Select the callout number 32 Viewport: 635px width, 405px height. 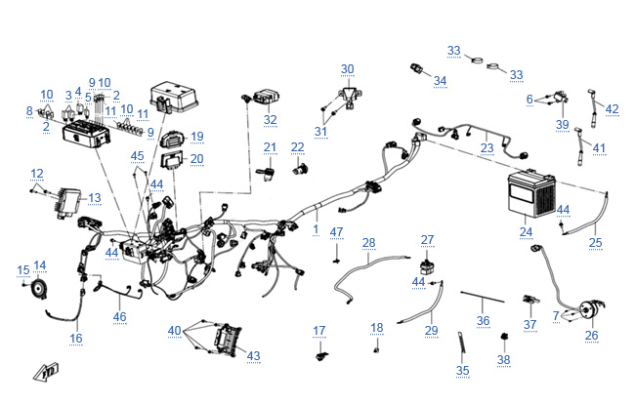[270, 120]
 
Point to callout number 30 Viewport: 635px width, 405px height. [348, 69]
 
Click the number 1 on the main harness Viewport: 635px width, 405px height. [316, 228]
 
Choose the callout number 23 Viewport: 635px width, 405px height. [487, 148]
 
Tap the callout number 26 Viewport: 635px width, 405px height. [591, 336]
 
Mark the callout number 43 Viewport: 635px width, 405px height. [254, 355]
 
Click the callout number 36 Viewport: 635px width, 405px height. [484, 320]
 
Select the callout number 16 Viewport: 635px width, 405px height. [75, 338]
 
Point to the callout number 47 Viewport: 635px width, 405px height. [336, 231]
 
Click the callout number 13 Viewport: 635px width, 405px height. [94, 198]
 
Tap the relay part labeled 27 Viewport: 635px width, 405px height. [427, 264]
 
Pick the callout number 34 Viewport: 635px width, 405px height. [440, 80]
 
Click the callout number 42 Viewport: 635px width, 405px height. [613, 109]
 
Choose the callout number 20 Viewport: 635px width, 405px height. [196, 158]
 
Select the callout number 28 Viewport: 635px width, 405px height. [368, 241]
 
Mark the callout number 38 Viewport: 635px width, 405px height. [503, 359]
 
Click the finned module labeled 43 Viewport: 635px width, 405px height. [228, 340]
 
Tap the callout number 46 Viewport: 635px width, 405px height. [119, 316]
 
